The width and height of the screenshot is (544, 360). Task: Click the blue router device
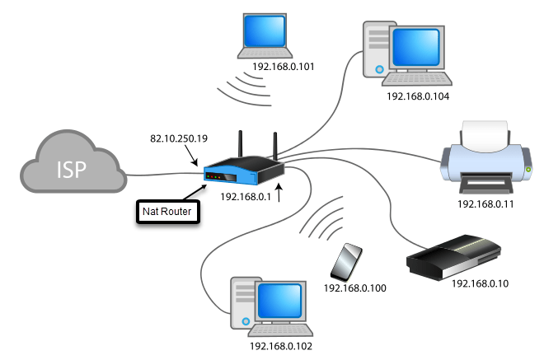tap(244, 172)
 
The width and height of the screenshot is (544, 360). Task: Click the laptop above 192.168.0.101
tap(267, 35)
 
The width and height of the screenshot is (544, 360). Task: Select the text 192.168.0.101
tap(284, 65)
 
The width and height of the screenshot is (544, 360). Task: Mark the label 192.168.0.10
tap(481, 283)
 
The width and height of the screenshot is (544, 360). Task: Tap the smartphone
tap(345, 262)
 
